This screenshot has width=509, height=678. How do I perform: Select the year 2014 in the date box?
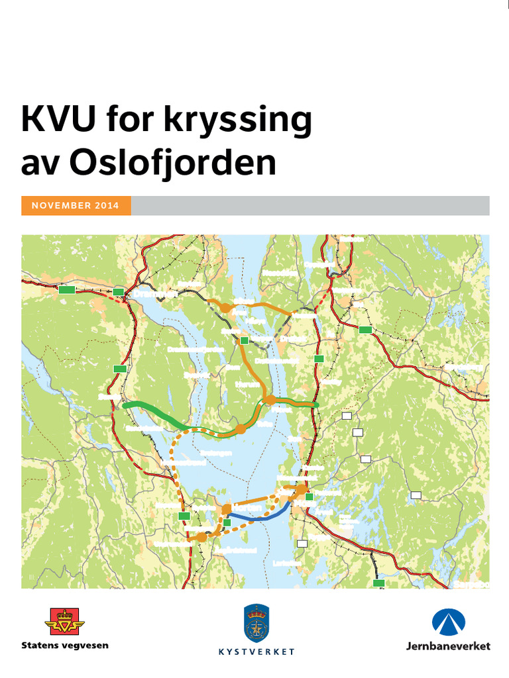107,206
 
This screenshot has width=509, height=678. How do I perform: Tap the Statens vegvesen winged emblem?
64,622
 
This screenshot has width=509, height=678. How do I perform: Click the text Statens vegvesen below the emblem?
64,645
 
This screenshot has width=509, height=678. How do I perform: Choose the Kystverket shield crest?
256,622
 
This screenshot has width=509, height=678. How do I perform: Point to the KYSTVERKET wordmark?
256,652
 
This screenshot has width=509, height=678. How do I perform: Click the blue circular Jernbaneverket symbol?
449,623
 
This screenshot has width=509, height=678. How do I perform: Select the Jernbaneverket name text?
449,646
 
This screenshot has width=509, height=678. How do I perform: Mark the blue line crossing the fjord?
258,518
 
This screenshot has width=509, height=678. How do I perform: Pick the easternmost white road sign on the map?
416,495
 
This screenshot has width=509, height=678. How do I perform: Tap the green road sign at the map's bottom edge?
378,583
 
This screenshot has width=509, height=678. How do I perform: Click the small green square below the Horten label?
227,522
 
